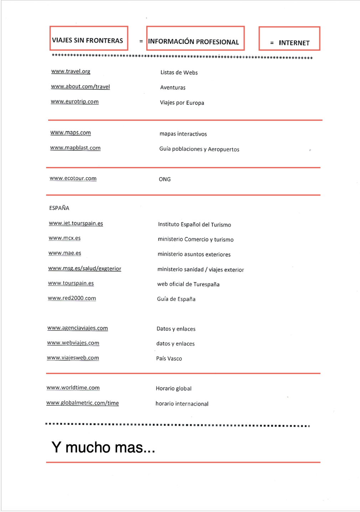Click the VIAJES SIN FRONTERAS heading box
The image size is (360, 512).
[88, 39]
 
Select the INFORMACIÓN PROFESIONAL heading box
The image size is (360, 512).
[195, 39]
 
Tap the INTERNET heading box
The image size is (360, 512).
[289, 39]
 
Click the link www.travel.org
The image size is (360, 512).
[71, 71]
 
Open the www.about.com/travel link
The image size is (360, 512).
[80, 87]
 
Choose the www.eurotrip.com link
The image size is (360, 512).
[74, 102]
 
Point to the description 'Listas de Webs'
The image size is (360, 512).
[179, 72]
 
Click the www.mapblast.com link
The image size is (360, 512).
[75, 148]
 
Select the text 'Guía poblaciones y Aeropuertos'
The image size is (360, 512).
[199, 149]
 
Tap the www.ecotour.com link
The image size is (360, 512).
[73, 178]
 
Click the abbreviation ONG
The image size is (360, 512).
[165, 179]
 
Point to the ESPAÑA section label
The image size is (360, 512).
[59, 208]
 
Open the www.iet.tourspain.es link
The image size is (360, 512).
[76, 223]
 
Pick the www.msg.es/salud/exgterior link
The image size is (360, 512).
[85, 268]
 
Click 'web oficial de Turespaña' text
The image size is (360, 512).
[188, 284]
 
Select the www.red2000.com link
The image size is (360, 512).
[72, 298]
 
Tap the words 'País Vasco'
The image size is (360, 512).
[169, 358]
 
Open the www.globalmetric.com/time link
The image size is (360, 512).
[83, 403]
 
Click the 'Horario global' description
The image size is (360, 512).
[174, 388]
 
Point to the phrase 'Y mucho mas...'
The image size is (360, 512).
[103, 447]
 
